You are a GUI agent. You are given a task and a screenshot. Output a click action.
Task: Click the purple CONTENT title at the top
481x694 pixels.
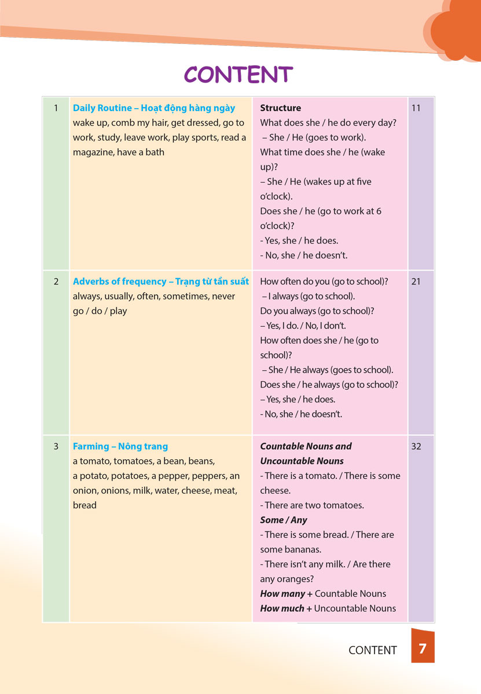(238, 75)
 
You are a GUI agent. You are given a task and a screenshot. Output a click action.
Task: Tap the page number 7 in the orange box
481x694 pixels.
(423, 648)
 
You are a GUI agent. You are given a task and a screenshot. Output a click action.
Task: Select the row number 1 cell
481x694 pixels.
(56, 108)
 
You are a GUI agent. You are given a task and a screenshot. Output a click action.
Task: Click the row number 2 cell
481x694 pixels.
(56, 282)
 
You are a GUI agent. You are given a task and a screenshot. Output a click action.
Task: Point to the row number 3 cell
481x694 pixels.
(56, 446)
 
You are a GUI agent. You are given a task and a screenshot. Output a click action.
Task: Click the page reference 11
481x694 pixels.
(416, 108)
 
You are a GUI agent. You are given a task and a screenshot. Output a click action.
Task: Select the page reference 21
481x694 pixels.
(416, 282)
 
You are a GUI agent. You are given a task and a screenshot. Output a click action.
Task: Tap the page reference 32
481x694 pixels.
(416, 446)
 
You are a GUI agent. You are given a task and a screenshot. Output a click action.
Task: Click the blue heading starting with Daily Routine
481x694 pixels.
(154, 108)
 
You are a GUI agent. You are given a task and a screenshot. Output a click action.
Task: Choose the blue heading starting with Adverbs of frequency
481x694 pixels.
(161, 282)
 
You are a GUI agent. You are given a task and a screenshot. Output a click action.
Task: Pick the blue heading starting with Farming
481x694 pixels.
(120, 446)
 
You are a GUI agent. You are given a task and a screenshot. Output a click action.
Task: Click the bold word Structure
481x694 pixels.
(281, 108)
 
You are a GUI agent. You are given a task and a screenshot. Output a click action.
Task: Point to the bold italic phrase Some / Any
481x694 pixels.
(284, 520)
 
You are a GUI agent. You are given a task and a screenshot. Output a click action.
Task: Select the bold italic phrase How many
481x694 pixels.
(282, 593)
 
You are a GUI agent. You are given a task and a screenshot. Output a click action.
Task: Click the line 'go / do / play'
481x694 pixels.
(100, 311)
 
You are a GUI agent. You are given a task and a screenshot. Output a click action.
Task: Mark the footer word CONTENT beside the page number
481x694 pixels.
(373, 650)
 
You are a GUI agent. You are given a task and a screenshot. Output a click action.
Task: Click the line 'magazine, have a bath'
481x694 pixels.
(119, 153)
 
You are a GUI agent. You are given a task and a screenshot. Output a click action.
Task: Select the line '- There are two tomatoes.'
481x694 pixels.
(312, 505)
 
